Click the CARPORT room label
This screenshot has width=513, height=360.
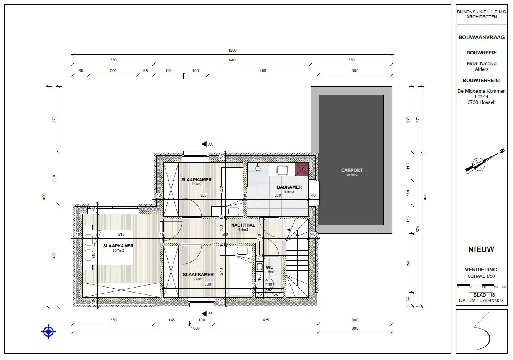[352, 170]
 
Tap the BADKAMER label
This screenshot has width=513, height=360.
[289, 187]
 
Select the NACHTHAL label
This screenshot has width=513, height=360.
[243, 225]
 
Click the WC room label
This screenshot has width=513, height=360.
[270, 267]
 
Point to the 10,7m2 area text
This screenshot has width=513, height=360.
[118, 250]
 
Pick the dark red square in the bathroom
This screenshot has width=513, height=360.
[302, 169]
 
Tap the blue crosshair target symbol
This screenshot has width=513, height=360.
[49, 331]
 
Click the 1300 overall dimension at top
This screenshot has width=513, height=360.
[232, 50]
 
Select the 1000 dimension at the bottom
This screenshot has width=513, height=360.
[195, 328]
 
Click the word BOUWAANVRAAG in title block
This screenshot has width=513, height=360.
[482, 38]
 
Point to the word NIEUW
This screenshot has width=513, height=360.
[481, 249]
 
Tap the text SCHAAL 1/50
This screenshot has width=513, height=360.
[481, 276]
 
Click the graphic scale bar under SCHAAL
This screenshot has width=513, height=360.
[481, 286]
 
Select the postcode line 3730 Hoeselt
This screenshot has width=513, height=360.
[481, 102]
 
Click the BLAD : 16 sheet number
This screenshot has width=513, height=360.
[484, 295]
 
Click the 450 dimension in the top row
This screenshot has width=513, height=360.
[263, 71]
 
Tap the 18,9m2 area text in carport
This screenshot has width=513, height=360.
[352, 175]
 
